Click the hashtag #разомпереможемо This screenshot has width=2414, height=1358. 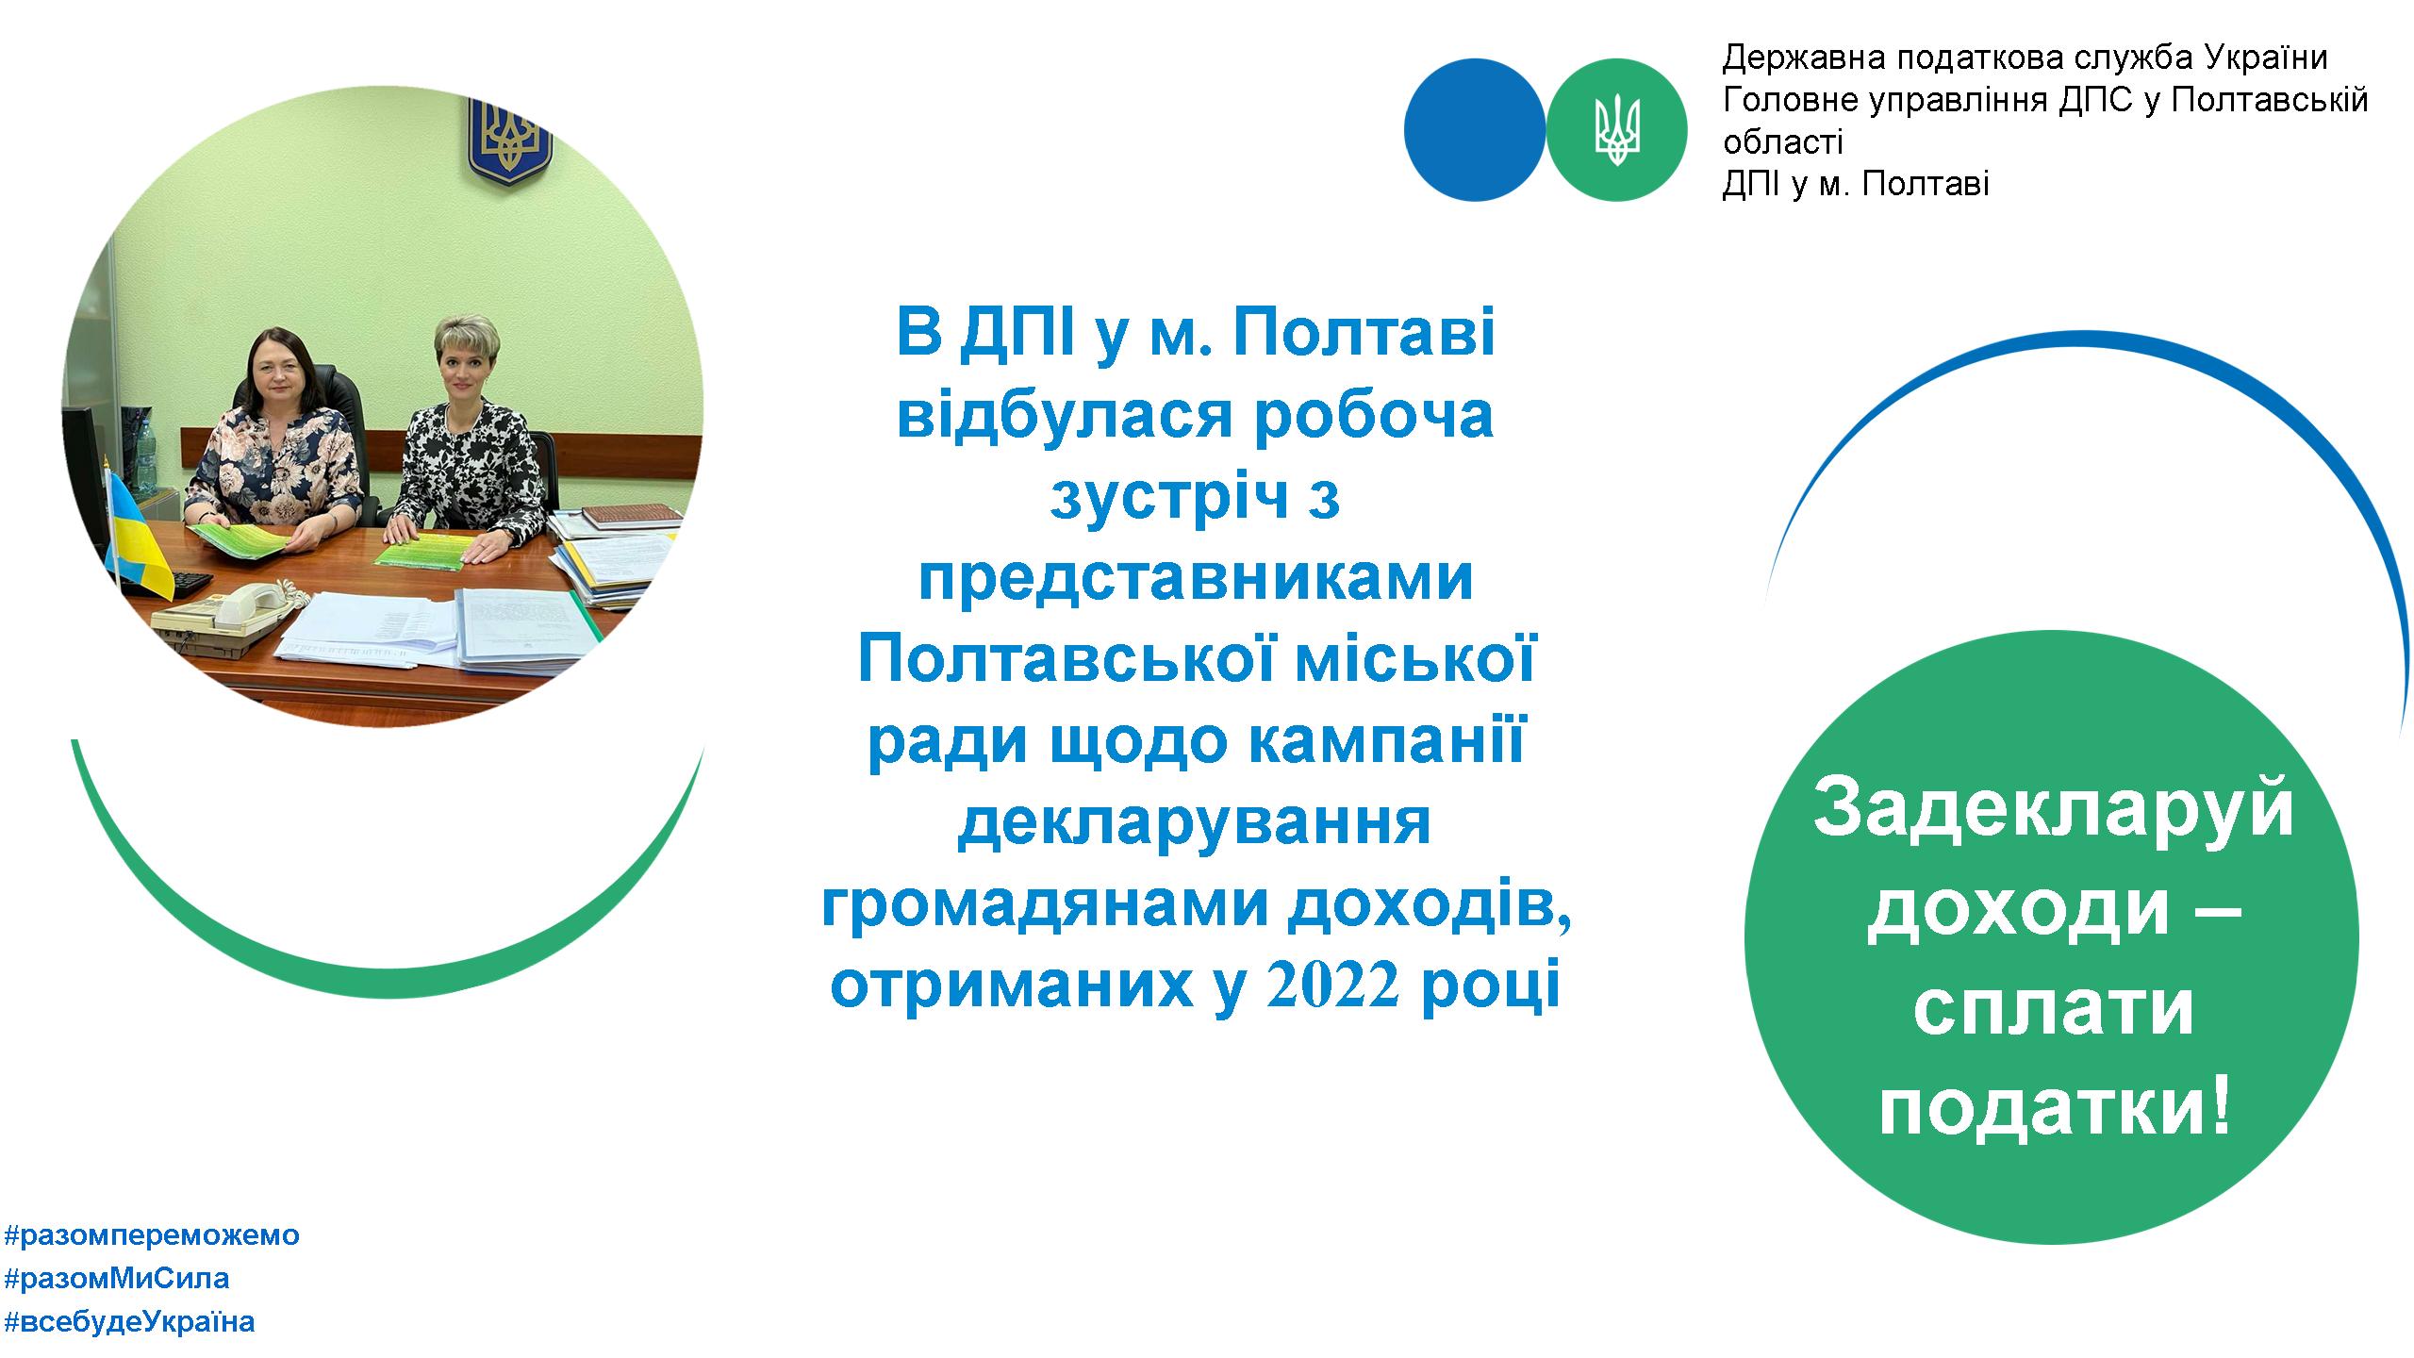[x=152, y=1235]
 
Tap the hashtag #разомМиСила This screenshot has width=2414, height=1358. [x=117, y=1279]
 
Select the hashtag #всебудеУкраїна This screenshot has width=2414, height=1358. [x=129, y=1321]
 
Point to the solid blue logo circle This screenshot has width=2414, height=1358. [x=1475, y=129]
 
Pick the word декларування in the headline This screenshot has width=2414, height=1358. [x=1194, y=822]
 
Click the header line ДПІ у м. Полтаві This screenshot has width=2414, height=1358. [x=1856, y=184]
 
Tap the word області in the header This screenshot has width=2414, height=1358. [x=1783, y=142]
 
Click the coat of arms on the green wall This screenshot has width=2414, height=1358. [x=509, y=140]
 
